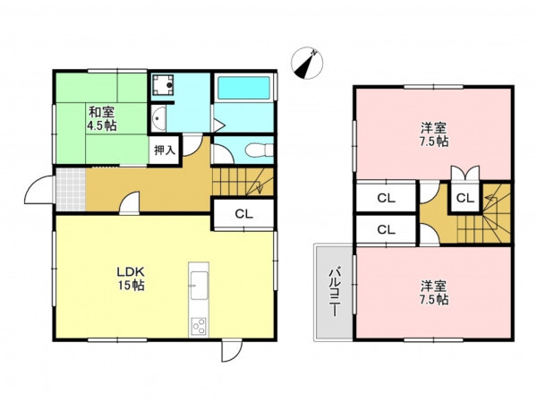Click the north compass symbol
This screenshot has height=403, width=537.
pos(307,63)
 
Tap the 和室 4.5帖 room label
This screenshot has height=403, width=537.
pos(102,118)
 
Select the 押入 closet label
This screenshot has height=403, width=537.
pos(165,150)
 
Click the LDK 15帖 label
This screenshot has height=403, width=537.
pos(131,279)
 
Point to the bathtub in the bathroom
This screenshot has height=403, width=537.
pos(243,88)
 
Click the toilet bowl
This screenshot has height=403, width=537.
pos(259,150)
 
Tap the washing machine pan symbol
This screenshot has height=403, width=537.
pos(163,85)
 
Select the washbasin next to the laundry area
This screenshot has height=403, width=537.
pos(158,118)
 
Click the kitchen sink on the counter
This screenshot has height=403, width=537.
pos(199,285)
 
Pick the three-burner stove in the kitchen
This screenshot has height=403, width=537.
pos(199,327)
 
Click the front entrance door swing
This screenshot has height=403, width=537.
pos(38,190)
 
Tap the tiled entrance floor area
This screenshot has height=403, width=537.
pos(71,190)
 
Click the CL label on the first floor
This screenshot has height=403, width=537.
pos(243,214)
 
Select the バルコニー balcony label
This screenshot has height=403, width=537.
pos(334,292)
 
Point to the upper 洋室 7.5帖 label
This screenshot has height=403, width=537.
pos(434,134)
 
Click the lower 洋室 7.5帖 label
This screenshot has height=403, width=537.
pos(434,293)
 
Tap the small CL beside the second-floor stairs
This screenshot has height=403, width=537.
pos(465,198)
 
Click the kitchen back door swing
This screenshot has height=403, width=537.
pos(232,351)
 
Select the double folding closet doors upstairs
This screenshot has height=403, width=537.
pos(465,173)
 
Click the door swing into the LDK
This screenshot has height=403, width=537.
pos(130,203)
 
